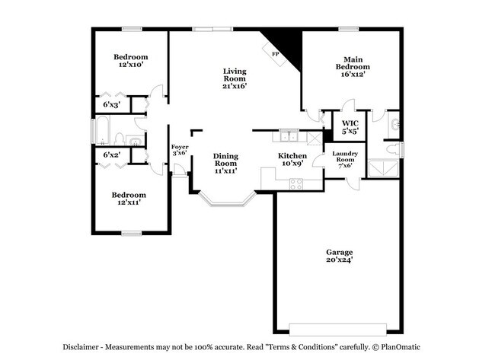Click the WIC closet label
350,123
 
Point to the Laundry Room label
345,158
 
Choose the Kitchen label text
292,156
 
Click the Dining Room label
225,160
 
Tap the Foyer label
179,147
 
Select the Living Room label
234,75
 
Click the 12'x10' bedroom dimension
130,66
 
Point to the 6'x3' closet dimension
111,104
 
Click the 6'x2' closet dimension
111,155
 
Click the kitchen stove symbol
295,182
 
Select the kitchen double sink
288,137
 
